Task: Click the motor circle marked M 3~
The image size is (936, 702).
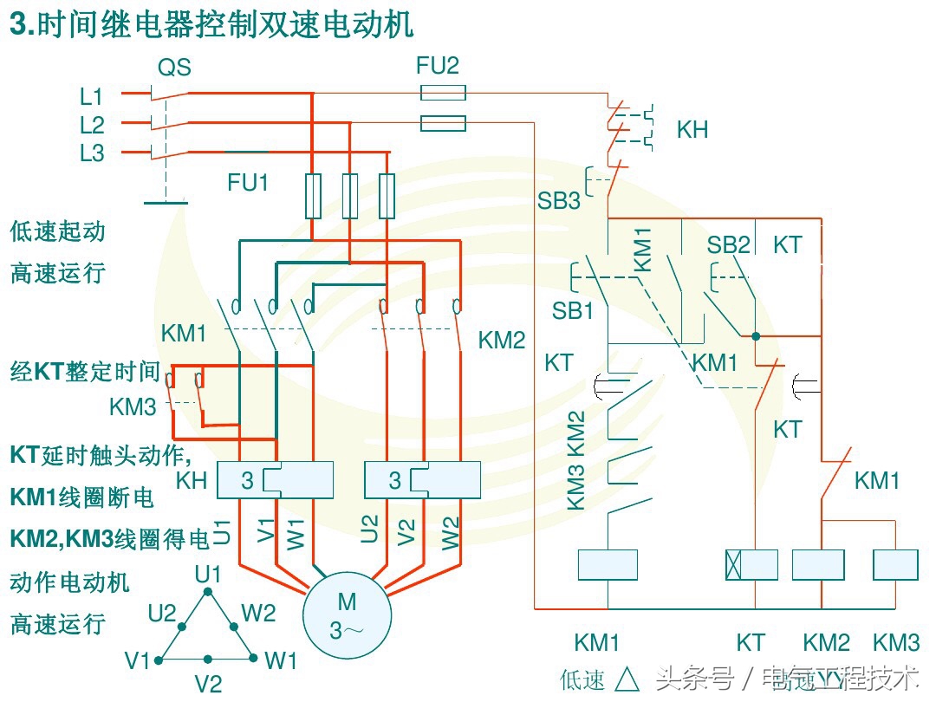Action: coord(347,614)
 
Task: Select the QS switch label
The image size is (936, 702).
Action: coord(174,68)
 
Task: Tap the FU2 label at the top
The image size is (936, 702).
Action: coord(438,65)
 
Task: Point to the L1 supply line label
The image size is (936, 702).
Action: coord(92,95)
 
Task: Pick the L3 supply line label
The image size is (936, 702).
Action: coord(92,153)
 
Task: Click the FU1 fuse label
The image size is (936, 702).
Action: coord(248,183)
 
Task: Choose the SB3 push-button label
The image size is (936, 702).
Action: coord(558,201)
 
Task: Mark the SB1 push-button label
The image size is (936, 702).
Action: coord(573,310)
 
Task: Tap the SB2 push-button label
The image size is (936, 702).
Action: coord(728,245)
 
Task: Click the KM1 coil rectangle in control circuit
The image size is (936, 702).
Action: coord(608,564)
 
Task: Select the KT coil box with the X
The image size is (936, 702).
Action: coord(751,564)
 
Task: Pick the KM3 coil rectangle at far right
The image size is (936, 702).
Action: coord(895,564)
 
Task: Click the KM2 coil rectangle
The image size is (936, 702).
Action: coord(818,564)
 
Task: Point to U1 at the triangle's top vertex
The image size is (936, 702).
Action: coord(208,574)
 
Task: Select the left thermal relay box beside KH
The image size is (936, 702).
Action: coord(275,480)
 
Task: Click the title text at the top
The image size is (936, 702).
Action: coord(211,25)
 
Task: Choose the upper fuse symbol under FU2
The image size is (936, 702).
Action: coord(443,93)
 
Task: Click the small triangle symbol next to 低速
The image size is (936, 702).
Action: coord(627,679)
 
